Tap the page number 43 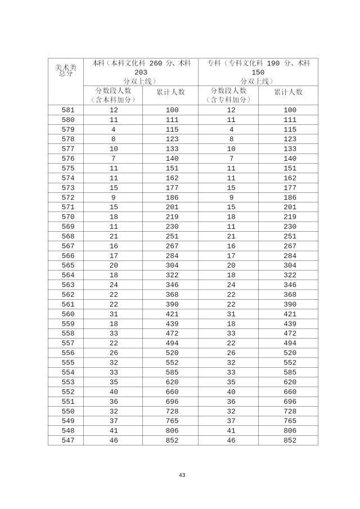click(x=182, y=475)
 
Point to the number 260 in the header click(x=157, y=64)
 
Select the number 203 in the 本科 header click(x=141, y=73)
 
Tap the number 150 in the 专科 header click(x=258, y=73)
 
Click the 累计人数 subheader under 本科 click(x=170, y=92)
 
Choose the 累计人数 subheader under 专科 click(x=289, y=92)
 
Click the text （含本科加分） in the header click(x=113, y=100)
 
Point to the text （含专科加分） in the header click(x=228, y=100)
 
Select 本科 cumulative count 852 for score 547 click(x=172, y=440)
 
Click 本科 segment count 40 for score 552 click(x=114, y=392)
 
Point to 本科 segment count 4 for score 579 click(x=114, y=130)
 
